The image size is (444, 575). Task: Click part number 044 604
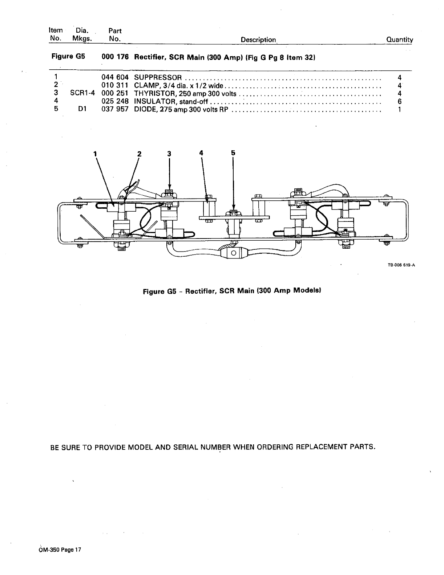tap(115, 77)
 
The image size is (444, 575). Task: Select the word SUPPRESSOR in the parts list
tap(158, 77)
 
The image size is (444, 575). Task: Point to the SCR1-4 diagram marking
tap(82, 93)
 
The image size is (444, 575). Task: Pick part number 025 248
tap(115, 101)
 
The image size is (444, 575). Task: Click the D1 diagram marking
tap(82, 109)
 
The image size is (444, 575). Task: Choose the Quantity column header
tap(400, 40)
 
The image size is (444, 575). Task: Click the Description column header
tap(258, 40)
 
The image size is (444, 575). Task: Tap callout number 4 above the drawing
tap(201, 153)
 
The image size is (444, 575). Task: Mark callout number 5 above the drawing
tap(233, 153)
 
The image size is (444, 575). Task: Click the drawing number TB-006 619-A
tap(401, 265)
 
